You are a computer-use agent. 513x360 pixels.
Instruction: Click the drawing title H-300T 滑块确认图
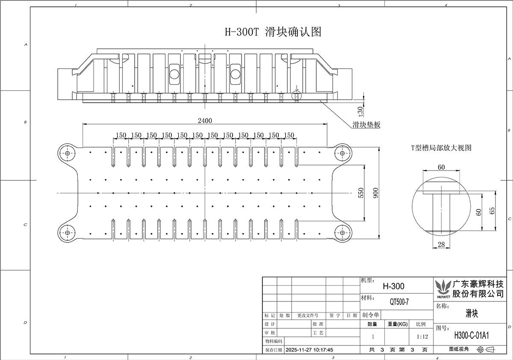pyautogui.click(x=273, y=32)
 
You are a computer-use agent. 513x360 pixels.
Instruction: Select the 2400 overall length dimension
pyautogui.click(x=205, y=121)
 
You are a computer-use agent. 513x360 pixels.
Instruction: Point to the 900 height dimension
pyautogui.click(x=376, y=193)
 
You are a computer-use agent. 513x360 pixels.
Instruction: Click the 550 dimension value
pyautogui.click(x=361, y=193)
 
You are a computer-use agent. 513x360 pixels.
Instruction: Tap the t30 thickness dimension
pyautogui.click(x=360, y=111)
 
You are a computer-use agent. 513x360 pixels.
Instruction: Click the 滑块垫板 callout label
pyautogui.click(x=366, y=124)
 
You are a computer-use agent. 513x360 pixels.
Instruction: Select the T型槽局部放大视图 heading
pyautogui.click(x=441, y=148)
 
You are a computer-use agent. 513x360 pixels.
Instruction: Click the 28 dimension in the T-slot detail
pyautogui.click(x=441, y=245)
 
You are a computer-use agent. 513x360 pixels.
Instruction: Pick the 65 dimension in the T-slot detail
pyautogui.click(x=492, y=211)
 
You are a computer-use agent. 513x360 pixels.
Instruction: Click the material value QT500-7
pyautogui.click(x=399, y=302)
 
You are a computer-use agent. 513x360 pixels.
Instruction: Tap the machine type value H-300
pyautogui.click(x=393, y=286)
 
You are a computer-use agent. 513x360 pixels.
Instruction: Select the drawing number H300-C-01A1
pyautogui.click(x=471, y=336)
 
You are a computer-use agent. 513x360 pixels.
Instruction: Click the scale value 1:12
pyautogui.click(x=422, y=336)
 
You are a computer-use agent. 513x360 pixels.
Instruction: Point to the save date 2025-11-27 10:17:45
pyautogui.click(x=310, y=350)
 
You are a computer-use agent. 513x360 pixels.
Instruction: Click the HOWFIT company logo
pyautogui.click(x=443, y=289)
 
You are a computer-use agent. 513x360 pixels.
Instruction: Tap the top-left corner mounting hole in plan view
pyautogui.click(x=68, y=153)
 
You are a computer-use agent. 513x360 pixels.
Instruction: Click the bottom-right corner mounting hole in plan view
pyautogui.click(x=342, y=233)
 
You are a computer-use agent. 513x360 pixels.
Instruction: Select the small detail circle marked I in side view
pyautogui.click(x=297, y=96)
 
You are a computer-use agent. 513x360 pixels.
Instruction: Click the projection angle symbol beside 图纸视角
pyautogui.click(x=486, y=349)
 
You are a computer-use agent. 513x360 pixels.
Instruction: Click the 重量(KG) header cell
pyautogui.click(x=398, y=324)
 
